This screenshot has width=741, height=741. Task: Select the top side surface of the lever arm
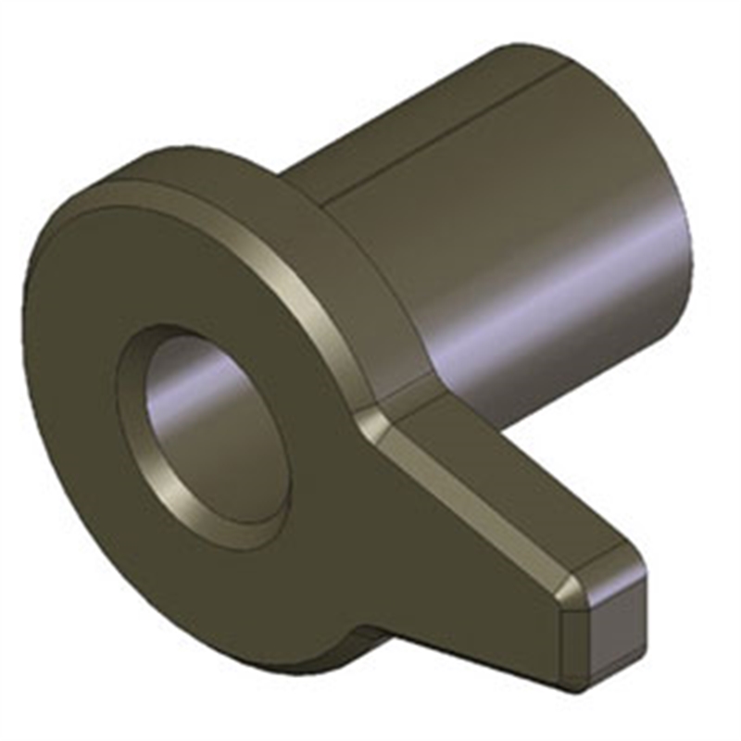519,482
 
